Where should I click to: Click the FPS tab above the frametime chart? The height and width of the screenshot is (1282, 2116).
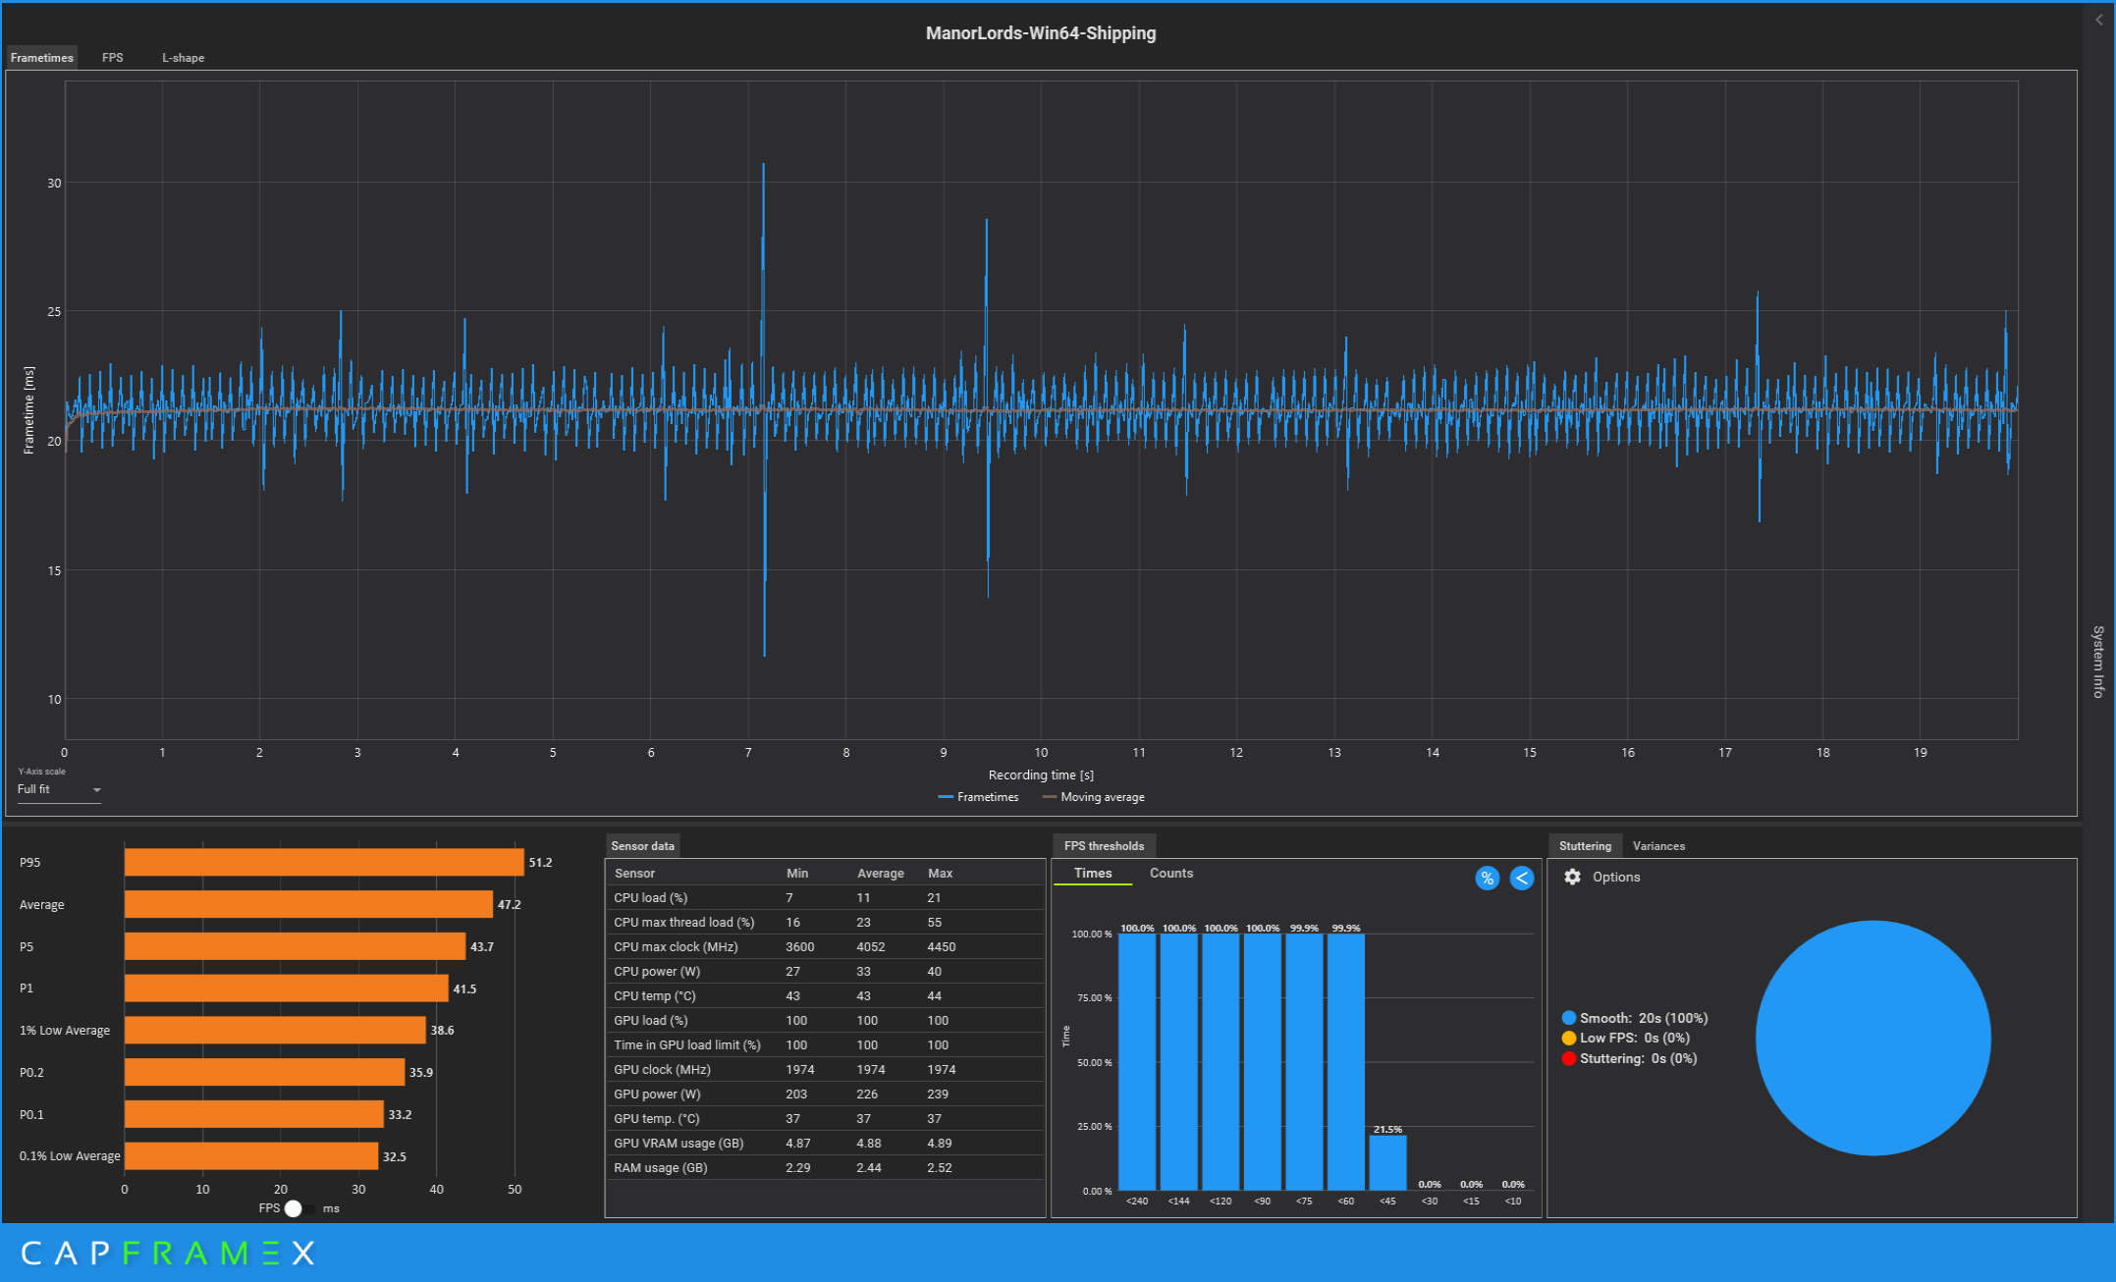(113, 58)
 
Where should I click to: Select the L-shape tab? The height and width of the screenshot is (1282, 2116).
(184, 58)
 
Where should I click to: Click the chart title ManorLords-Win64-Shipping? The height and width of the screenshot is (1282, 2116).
(1041, 33)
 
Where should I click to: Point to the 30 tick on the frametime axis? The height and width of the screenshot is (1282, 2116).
(54, 183)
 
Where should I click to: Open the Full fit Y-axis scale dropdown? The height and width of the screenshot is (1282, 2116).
(59, 789)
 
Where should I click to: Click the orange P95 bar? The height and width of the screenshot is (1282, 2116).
(324, 862)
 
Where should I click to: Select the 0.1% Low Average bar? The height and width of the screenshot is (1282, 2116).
(251, 1156)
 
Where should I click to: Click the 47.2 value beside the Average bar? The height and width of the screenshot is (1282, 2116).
(509, 904)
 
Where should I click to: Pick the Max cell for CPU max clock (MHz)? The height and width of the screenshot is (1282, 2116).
(941, 947)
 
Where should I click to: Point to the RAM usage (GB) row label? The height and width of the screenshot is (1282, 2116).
(661, 1168)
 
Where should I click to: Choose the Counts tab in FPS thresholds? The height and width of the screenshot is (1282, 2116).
(1171, 873)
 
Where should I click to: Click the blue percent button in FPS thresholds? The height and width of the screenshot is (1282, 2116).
(1488, 879)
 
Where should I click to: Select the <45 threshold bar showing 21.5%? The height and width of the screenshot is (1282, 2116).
(1387, 1163)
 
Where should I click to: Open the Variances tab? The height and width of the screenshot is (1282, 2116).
(1658, 846)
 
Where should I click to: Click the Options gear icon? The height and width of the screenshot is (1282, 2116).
(1572, 877)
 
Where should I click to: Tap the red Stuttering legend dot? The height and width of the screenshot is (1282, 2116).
(1569, 1058)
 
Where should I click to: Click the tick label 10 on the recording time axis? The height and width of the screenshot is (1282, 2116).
(1041, 753)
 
